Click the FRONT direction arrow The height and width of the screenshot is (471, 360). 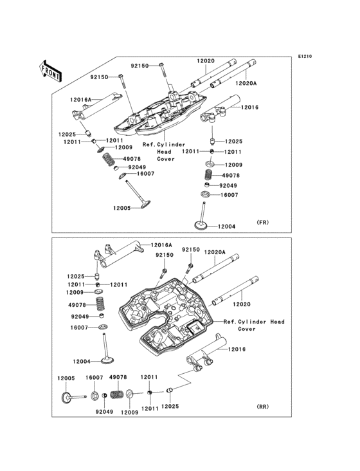50,71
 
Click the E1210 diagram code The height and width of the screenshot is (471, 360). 305,56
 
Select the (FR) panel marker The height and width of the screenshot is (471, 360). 262,223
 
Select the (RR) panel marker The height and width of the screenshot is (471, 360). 262,407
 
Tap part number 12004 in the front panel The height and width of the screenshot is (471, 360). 226,226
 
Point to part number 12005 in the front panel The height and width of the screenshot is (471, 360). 122,208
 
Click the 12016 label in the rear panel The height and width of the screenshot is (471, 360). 237,349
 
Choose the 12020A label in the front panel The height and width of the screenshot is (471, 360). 246,83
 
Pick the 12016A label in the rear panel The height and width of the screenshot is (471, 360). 161,245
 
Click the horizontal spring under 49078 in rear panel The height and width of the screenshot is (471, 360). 118,394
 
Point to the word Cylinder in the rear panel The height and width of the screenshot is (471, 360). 252,322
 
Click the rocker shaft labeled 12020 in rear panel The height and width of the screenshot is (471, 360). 236,291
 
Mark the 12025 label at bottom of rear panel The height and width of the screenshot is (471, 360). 170,407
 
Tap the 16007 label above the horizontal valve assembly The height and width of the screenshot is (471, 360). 94,378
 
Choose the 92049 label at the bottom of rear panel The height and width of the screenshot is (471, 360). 104,412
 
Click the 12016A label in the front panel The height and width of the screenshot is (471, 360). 81,100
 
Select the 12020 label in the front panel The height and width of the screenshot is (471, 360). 206,61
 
